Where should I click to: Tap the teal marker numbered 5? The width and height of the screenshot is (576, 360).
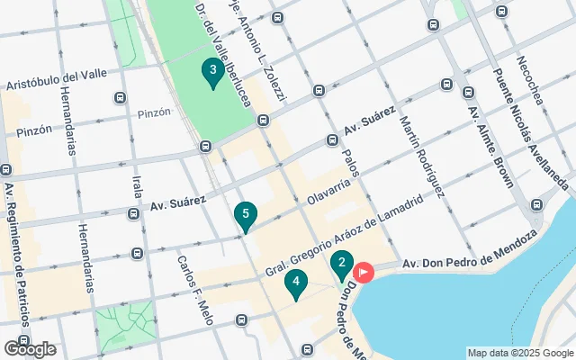[245, 216]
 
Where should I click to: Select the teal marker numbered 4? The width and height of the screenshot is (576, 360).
[295, 283]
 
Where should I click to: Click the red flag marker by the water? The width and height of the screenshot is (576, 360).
[364, 270]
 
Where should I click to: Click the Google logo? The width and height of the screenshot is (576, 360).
[29, 349]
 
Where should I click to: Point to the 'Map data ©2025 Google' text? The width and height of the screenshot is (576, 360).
[520, 353]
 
